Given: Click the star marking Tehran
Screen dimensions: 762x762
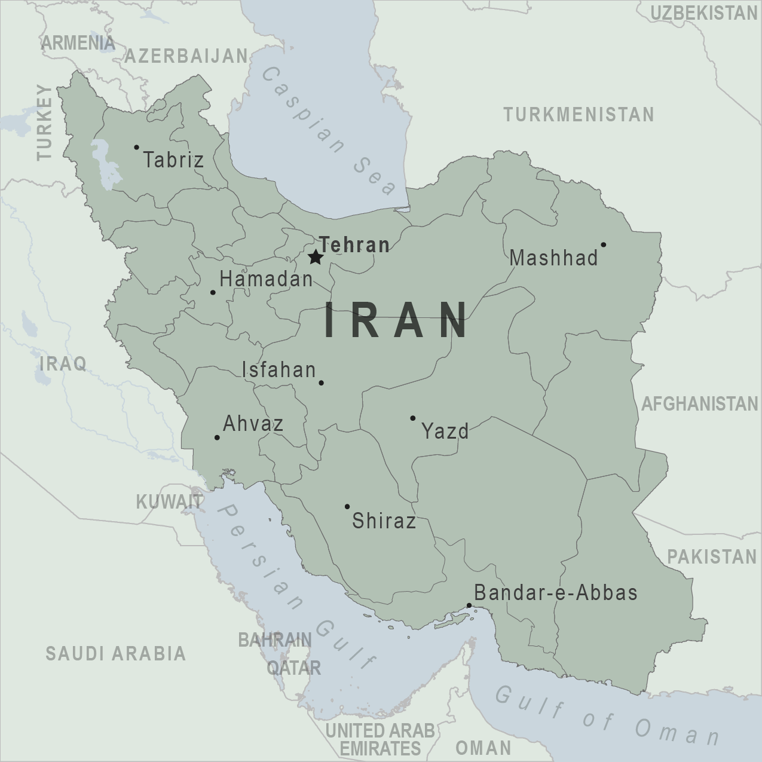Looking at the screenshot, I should (x=316, y=258).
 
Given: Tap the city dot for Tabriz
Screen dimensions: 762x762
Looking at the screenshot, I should (x=136, y=147).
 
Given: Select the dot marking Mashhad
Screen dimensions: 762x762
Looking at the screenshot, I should (x=603, y=244).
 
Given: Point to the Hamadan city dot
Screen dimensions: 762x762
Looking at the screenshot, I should (x=213, y=292).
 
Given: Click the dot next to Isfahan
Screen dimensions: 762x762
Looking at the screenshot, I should (x=321, y=382).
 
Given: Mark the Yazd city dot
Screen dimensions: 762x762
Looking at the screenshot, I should (x=412, y=418).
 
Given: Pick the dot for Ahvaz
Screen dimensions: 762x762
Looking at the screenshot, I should (x=217, y=437).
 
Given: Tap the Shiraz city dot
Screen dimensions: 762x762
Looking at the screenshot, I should (x=347, y=506).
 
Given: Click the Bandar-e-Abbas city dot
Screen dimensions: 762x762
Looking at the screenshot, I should (x=469, y=605).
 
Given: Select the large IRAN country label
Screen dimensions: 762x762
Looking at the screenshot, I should (x=397, y=320).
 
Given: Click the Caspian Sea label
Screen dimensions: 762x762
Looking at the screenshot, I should (x=329, y=131).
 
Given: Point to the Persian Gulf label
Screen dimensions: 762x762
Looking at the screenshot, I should (x=296, y=586).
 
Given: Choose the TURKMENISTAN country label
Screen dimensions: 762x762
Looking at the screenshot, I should (x=579, y=114).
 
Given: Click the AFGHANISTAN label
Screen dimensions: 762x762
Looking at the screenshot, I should (x=699, y=404).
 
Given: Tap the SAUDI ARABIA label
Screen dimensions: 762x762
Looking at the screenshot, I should (x=116, y=653).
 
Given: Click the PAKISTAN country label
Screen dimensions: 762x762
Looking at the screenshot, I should (x=712, y=557).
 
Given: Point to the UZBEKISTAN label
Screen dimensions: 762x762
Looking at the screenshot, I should (x=703, y=13).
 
